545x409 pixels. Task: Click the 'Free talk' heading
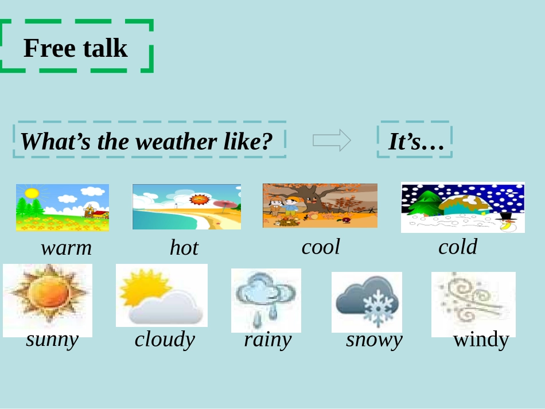pyautogui.click(x=75, y=48)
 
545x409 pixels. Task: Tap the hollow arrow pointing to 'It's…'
pyautogui.click(x=332, y=140)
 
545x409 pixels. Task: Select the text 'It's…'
pyautogui.click(x=416, y=142)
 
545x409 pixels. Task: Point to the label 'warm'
pyautogui.click(x=66, y=248)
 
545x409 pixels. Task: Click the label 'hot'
pyautogui.click(x=184, y=248)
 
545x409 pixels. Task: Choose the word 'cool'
pyautogui.click(x=321, y=247)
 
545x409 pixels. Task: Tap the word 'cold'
pyautogui.click(x=457, y=247)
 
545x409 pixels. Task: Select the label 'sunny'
pyautogui.click(x=52, y=340)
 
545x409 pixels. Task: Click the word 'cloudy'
pyautogui.click(x=165, y=340)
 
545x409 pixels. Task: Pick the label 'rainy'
pyautogui.click(x=267, y=340)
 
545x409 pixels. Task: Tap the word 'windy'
pyautogui.click(x=481, y=340)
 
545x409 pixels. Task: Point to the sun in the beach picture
pyautogui.click(x=200, y=200)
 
